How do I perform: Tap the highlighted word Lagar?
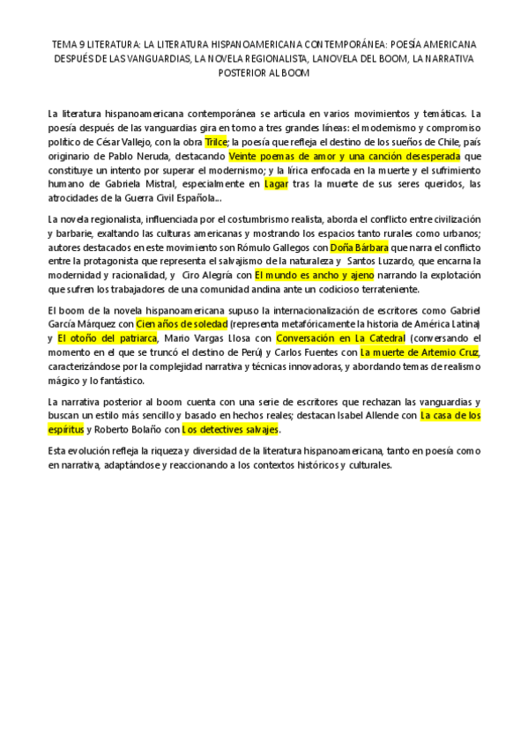pos(276,184)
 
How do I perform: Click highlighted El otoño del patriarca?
pos(108,338)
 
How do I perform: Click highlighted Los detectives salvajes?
pos(230,430)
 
